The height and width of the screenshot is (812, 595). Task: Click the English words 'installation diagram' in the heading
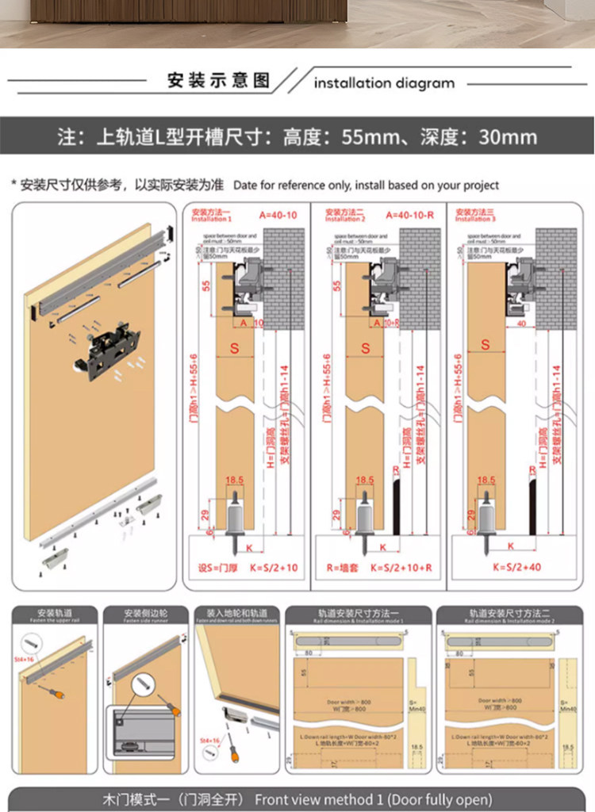(x=384, y=82)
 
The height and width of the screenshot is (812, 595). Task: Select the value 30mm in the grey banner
(x=508, y=137)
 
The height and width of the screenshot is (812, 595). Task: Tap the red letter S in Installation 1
(x=235, y=347)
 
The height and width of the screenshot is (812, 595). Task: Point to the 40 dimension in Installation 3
(x=520, y=324)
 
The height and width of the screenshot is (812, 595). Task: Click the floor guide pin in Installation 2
(x=365, y=523)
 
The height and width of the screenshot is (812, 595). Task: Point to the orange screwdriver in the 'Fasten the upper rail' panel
(x=56, y=695)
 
